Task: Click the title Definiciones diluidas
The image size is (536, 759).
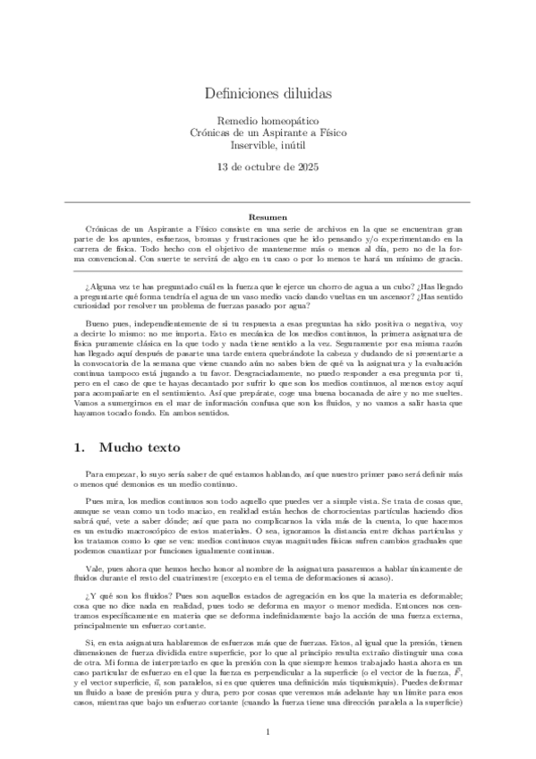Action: point(268,92)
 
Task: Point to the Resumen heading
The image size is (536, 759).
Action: point(268,217)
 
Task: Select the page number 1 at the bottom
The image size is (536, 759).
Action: point(268,732)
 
